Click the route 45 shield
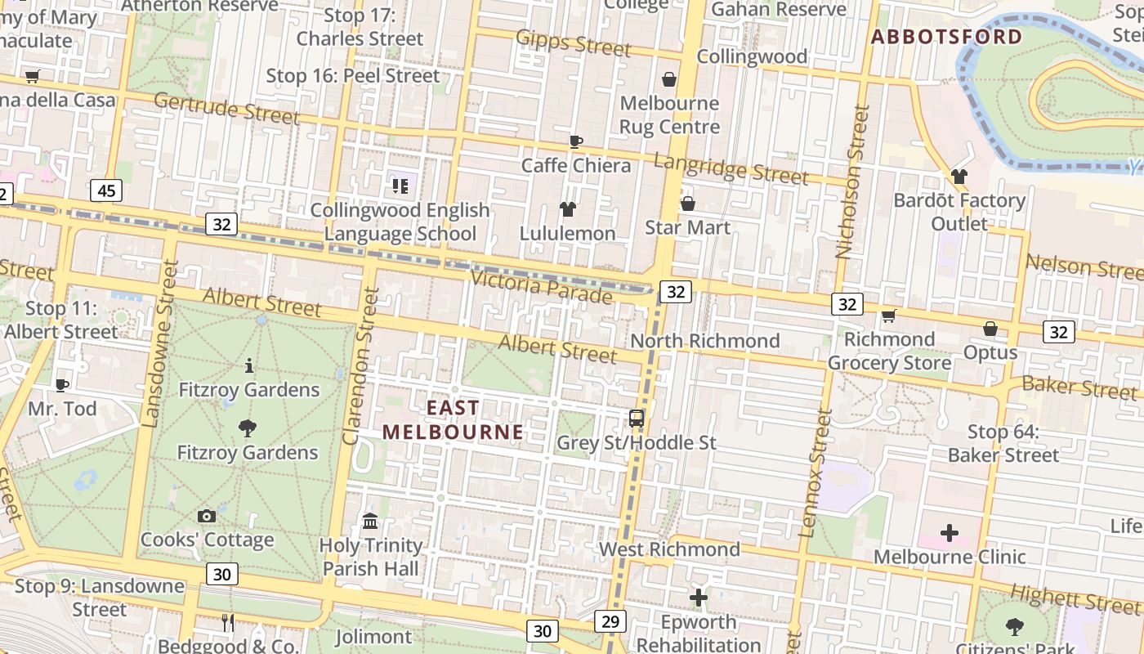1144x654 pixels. (106, 190)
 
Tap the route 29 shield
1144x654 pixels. (610, 621)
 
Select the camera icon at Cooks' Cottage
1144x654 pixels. (207, 516)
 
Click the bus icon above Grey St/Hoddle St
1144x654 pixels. (636, 419)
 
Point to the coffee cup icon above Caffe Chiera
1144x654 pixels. (576, 141)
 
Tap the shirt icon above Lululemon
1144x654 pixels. (568, 209)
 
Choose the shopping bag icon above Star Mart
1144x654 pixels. (687, 203)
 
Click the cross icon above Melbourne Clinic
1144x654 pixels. (949, 533)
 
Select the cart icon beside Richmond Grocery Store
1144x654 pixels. (888, 316)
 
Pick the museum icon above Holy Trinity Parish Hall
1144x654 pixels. (370, 522)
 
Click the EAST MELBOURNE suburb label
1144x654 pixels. (453, 419)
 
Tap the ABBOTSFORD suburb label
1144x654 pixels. (946, 37)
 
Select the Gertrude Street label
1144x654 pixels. (226, 108)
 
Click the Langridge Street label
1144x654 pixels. (731, 168)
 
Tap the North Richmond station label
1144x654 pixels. (705, 340)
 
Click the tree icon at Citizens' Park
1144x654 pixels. (1015, 626)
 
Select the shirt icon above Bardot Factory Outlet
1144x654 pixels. (959, 177)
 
